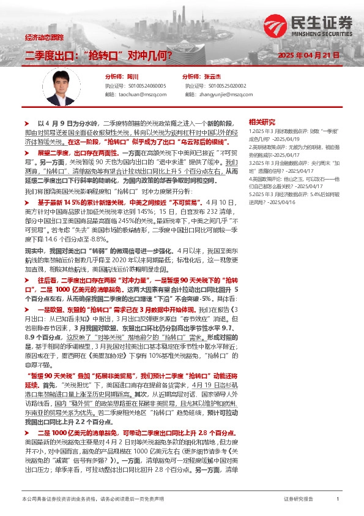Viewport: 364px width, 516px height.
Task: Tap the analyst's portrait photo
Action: click(63, 85)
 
